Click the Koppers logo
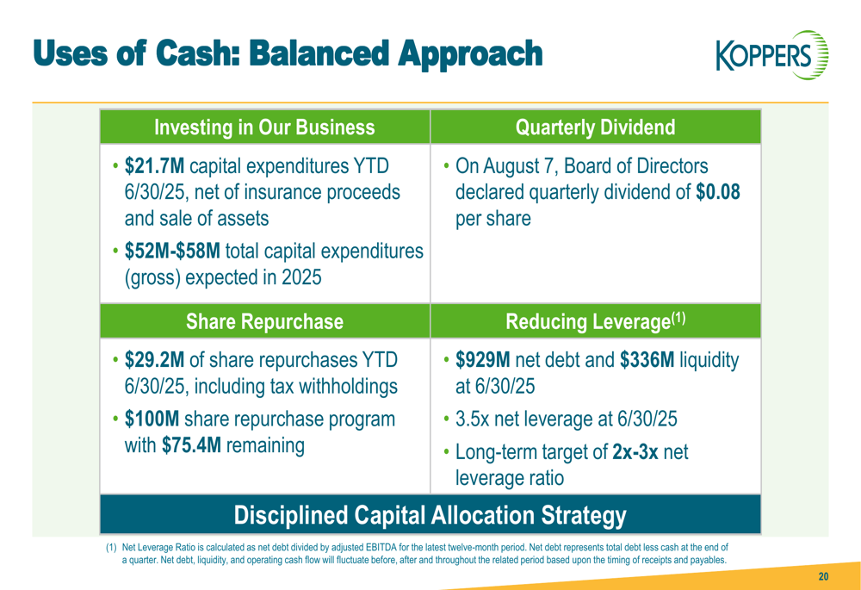click(x=772, y=55)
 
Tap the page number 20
click(x=823, y=576)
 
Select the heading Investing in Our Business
click(x=264, y=127)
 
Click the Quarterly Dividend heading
click(x=595, y=127)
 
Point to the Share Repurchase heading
click(x=264, y=321)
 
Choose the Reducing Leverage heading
click(x=595, y=321)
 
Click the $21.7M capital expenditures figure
click(x=154, y=165)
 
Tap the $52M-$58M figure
click(x=172, y=251)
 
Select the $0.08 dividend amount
click(x=718, y=192)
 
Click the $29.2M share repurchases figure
click(x=154, y=360)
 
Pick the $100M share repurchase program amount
click(x=152, y=419)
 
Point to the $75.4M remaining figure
click(x=191, y=445)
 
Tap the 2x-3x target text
click(x=635, y=451)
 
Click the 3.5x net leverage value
click(x=472, y=419)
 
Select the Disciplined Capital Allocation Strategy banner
click(x=430, y=515)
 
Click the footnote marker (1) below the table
click(x=111, y=548)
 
